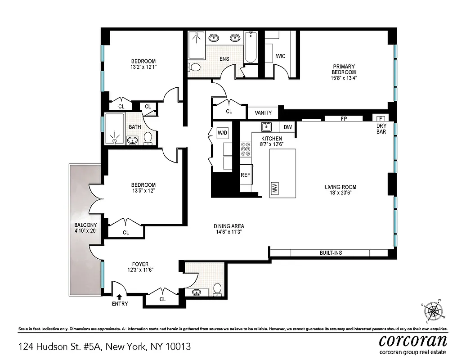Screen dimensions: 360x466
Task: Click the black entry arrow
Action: tap(119, 296)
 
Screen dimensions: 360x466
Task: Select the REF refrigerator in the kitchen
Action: tap(245, 175)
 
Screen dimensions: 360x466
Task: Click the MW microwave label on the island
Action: tap(274, 189)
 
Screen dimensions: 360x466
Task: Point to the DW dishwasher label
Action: tap(288, 127)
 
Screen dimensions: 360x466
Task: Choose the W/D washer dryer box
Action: tap(222, 133)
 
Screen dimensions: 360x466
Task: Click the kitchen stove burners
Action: tap(246, 149)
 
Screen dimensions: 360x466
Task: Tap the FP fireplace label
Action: tap(344, 119)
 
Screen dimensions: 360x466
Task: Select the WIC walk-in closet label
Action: tap(281, 56)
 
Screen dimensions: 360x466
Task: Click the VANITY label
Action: tap(263, 112)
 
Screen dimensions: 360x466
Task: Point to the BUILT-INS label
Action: tap(331, 253)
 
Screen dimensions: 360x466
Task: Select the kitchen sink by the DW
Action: tap(267, 126)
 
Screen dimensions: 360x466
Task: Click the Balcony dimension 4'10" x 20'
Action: tap(86, 231)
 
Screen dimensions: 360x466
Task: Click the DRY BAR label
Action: tap(382, 129)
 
